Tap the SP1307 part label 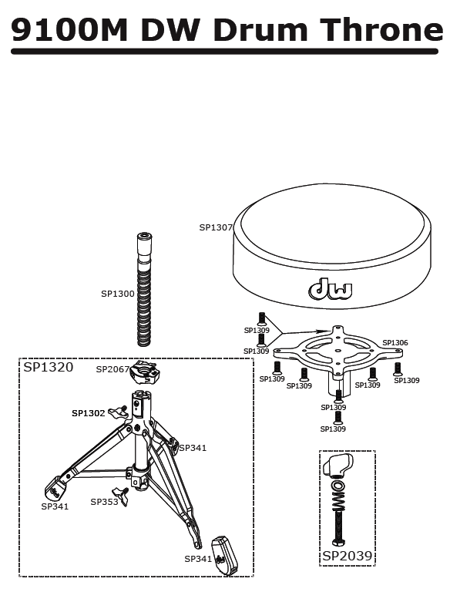pos(216,227)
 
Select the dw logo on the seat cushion pos(331,289)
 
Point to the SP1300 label pos(118,294)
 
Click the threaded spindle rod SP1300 pos(144,290)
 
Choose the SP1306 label pos(395,342)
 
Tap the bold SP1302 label pos(89,413)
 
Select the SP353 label pos(104,502)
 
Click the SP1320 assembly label pos(49,367)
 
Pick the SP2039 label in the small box pos(348,556)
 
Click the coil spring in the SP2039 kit pos(338,499)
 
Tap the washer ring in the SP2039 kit pos(338,485)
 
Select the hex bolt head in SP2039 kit pos(338,543)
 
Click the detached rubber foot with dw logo pos(224,555)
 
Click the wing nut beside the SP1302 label pos(118,412)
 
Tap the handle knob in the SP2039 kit pos(337,465)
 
